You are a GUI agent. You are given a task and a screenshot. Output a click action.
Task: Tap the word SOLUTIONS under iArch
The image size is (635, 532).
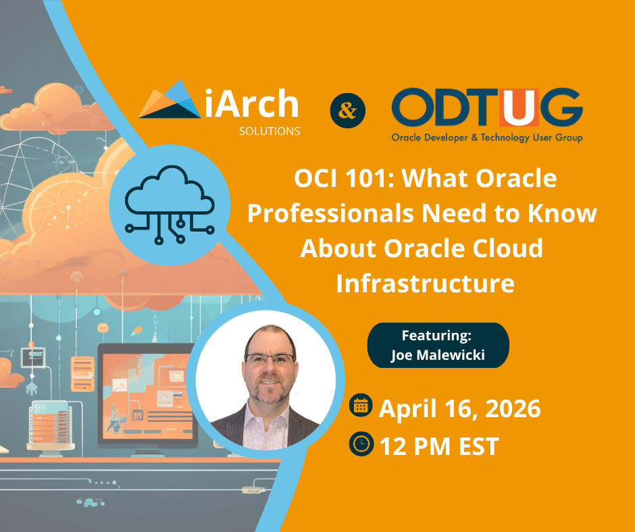coord(269,132)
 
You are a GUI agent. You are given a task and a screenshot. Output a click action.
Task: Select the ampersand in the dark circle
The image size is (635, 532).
coord(347,110)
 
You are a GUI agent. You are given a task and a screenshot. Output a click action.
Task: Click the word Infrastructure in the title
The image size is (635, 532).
coord(425,283)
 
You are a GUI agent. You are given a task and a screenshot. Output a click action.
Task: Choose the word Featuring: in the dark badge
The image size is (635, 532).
coord(437,336)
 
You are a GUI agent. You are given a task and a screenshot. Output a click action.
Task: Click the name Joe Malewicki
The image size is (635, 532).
coord(437,354)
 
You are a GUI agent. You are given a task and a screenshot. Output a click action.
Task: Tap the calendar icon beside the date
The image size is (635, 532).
coord(361,405)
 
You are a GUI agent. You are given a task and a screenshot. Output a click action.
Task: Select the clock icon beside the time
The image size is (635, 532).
coord(361,444)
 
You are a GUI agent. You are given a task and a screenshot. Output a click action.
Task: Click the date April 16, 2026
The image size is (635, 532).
coord(459,408)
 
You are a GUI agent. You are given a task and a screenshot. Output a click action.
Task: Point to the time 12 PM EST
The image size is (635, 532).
coord(438,446)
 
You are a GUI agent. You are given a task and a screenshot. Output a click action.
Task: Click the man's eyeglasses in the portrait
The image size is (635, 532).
coord(270,359)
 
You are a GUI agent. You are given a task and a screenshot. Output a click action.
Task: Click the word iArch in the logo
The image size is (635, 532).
coord(250,103)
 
